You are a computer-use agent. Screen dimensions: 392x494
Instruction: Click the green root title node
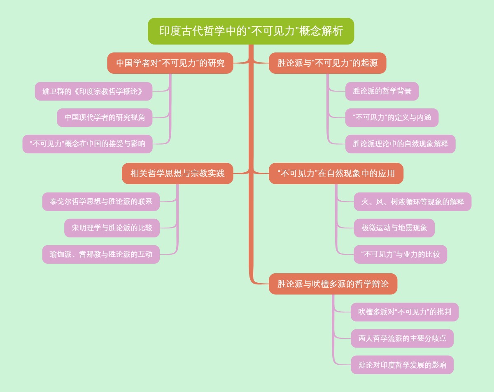251,31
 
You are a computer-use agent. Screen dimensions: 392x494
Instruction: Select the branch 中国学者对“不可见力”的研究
170,63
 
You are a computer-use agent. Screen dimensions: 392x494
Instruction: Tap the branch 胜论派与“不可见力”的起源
327,63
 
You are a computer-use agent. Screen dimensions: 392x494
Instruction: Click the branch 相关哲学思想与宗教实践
177,174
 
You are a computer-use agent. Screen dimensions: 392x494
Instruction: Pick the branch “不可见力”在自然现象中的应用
336,174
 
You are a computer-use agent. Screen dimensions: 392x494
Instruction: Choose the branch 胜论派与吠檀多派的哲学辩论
333,284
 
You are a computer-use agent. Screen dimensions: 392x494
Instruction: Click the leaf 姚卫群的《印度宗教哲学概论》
93,92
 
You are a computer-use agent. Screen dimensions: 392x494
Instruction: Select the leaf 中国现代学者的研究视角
105,117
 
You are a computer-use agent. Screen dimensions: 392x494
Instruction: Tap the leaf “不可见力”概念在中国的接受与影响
87,144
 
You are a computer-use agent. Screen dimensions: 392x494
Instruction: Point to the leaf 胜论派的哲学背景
382,92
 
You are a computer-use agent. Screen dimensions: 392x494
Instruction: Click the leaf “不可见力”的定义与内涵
391,117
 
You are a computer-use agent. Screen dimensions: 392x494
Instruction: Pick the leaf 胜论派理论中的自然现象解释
400,144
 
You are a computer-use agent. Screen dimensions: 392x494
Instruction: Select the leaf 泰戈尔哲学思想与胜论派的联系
101,202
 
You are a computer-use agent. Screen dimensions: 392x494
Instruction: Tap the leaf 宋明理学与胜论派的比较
112,228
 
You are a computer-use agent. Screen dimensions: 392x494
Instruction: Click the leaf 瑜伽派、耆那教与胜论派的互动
101,254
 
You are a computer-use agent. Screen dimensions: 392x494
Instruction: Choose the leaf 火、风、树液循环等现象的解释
412,202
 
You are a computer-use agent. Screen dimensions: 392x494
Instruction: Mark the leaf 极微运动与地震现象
394,228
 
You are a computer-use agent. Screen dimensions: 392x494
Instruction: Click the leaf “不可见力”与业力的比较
400,254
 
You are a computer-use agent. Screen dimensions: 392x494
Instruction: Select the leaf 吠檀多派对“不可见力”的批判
404,312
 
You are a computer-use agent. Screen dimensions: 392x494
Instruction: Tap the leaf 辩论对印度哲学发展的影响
402,365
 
